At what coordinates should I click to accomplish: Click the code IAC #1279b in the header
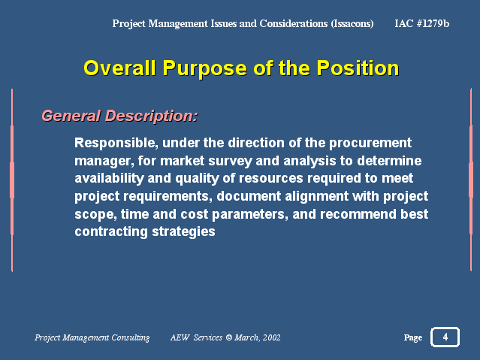click(422, 23)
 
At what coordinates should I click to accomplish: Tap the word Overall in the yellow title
click(119, 68)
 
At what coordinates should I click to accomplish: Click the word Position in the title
click(358, 68)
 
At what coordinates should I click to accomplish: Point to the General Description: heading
click(119, 116)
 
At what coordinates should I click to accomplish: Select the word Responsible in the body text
click(116, 143)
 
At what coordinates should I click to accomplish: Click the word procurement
click(370, 144)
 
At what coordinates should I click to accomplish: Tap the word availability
click(109, 178)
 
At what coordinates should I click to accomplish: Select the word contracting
click(111, 231)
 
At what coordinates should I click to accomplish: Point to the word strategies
click(184, 231)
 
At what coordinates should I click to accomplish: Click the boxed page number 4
click(445, 337)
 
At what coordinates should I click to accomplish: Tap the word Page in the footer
click(413, 337)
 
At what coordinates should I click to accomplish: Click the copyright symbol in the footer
click(228, 337)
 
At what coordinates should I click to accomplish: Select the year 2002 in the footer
click(272, 337)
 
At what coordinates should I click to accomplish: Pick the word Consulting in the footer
click(131, 337)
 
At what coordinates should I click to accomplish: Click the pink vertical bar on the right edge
click(471, 180)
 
